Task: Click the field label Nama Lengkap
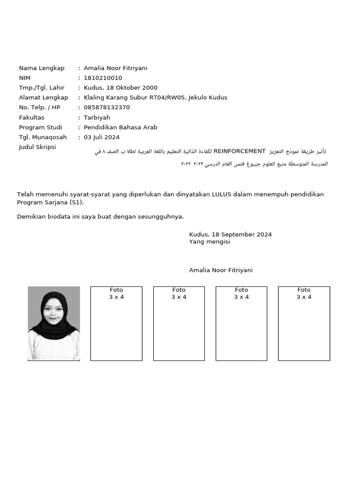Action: (x=42, y=68)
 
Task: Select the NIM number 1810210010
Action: (x=103, y=78)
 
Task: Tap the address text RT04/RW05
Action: (x=167, y=97)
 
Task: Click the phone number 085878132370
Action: (x=106, y=107)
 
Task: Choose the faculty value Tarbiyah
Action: (x=97, y=118)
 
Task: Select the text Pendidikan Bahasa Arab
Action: (x=120, y=127)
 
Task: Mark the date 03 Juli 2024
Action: (x=102, y=137)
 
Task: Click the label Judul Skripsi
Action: (x=37, y=147)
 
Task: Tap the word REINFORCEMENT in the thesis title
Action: (x=240, y=151)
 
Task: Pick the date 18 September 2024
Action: (x=241, y=234)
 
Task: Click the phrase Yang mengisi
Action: (x=210, y=242)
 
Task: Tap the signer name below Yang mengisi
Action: (x=221, y=270)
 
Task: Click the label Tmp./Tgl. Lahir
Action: (x=42, y=88)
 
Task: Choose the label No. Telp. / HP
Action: (x=39, y=107)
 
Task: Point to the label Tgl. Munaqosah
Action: (x=43, y=137)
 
